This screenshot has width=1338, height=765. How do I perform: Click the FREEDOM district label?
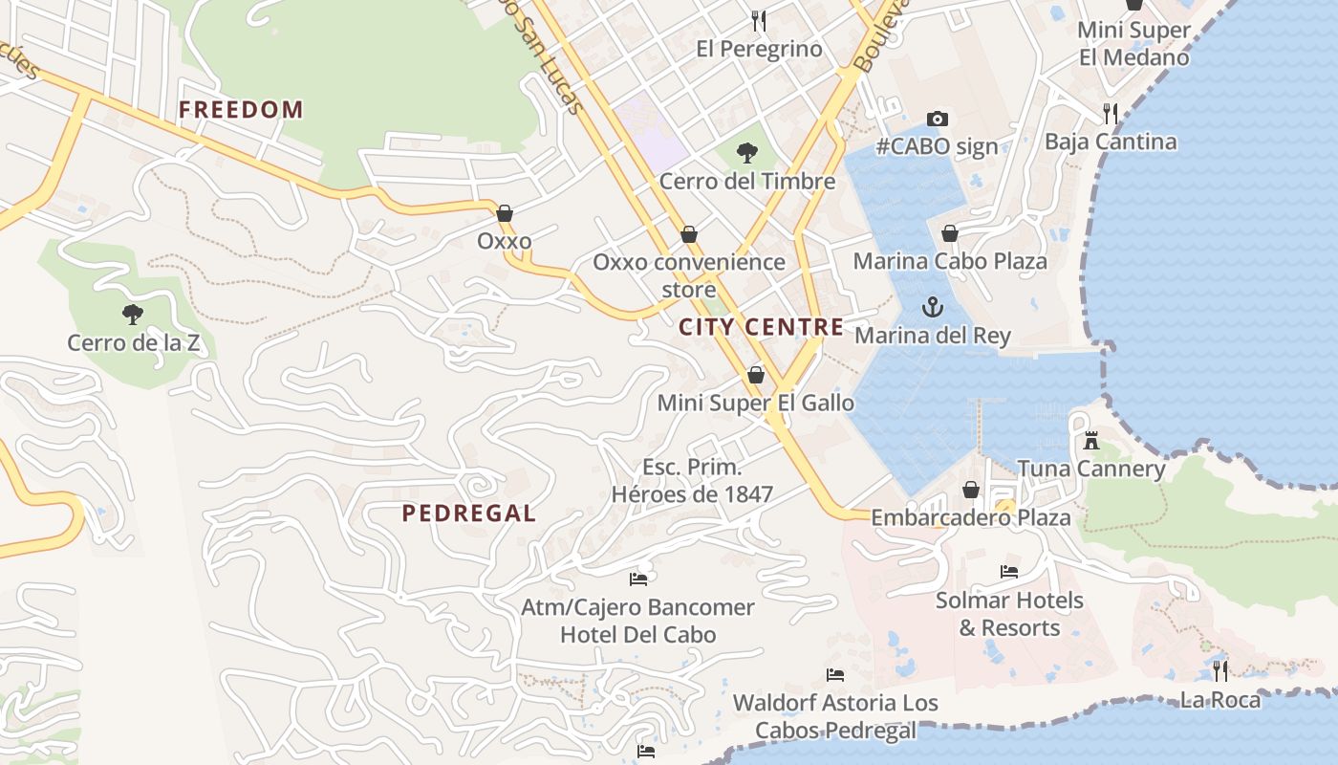241,110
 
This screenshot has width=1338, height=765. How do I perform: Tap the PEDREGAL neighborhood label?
468,514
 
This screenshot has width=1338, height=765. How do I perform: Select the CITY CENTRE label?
761,327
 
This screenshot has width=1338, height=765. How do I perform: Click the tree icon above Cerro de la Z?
133,314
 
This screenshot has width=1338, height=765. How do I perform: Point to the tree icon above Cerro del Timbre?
747,152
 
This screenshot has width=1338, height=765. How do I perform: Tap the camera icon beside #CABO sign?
938,120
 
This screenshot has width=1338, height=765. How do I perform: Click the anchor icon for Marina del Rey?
932,307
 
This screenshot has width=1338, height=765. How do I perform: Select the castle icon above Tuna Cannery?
1090,441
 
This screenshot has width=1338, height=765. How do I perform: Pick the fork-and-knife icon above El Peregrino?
759,20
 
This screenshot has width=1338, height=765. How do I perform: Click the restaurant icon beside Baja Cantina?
1110,114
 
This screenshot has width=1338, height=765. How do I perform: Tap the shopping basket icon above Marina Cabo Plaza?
950,233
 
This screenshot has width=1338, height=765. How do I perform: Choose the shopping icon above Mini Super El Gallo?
756,375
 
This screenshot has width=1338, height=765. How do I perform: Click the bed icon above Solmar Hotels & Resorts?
1009,572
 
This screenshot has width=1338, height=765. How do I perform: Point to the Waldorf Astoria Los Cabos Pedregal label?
835,716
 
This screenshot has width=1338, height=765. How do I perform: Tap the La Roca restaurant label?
1219,700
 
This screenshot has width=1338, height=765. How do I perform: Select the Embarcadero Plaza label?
970,517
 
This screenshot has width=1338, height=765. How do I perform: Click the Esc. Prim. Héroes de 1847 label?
692,480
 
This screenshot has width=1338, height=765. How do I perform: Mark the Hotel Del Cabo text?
637,634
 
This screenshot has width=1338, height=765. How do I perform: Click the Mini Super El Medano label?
1133,43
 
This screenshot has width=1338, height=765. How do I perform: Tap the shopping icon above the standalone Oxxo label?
504,213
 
